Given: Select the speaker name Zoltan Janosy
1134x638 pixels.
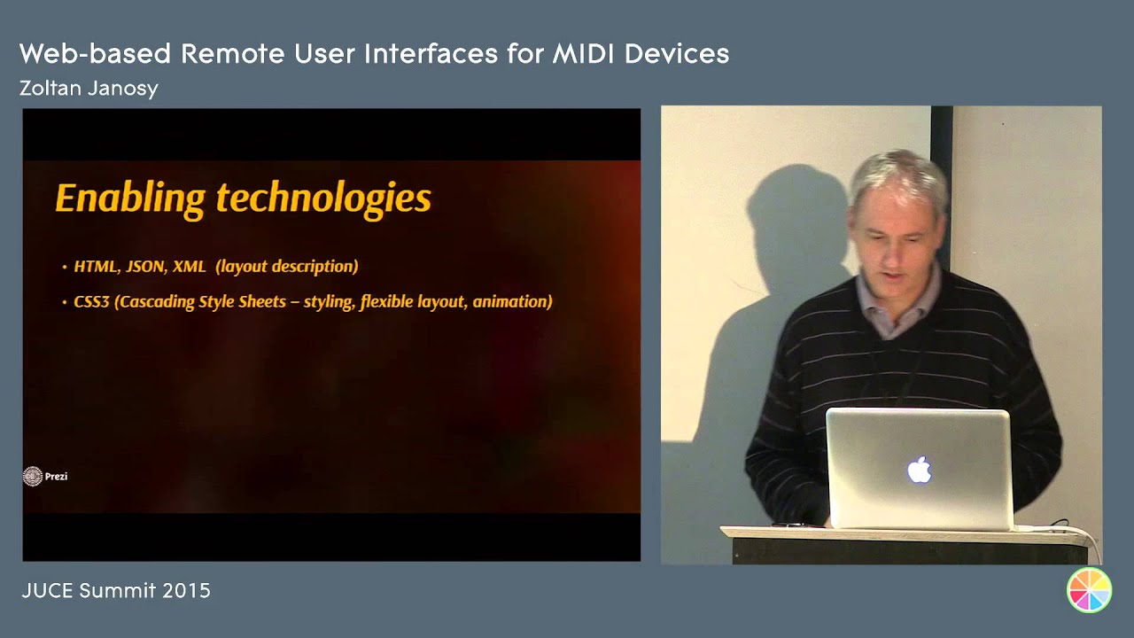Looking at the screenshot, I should pyautogui.click(x=89, y=89).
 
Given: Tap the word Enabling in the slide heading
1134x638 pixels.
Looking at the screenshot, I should pyautogui.click(x=131, y=198).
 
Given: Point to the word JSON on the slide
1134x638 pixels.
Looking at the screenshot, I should pyautogui.click(x=145, y=266).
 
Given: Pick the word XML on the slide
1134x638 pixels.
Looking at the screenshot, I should pyautogui.click(x=190, y=266).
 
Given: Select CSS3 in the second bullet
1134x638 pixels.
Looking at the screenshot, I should pyautogui.click(x=91, y=302).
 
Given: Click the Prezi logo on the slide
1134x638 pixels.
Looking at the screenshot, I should pyautogui.click(x=44, y=477).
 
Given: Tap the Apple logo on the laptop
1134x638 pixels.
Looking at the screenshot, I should pyautogui.click(x=920, y=470).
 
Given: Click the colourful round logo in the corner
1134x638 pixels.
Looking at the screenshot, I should pyautogui.click(x=1089, y=590).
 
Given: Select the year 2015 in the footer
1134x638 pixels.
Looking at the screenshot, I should pyautogui.click(x=186, y=591).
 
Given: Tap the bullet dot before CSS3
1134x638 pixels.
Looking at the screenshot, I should pyautogui.click(x=65, y=303).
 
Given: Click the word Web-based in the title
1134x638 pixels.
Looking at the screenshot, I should pyautogui.click(x=96, y=54).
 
